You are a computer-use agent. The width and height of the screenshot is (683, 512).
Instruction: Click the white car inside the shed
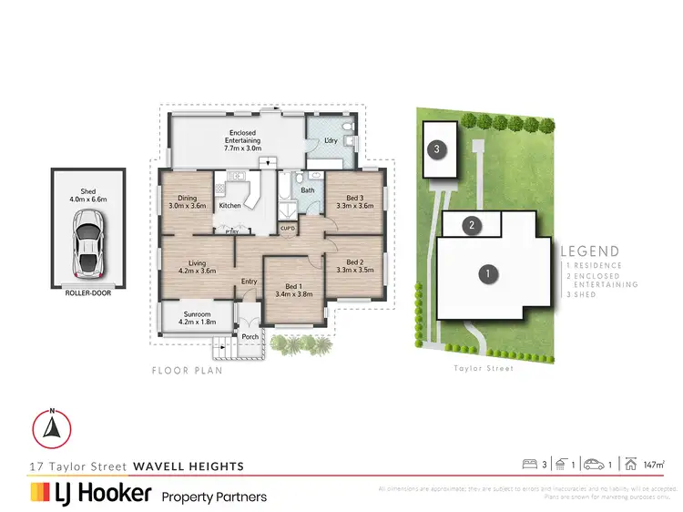[x=88, y=246]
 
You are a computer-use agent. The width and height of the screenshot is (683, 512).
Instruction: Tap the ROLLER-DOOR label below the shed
[x=89, y=294]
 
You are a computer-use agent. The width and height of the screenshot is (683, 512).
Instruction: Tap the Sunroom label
[x=198, y=316]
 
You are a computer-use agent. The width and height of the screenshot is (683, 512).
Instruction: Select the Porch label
[x=250, y=337]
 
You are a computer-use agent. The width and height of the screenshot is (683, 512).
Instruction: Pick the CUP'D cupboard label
[x=286, y=228]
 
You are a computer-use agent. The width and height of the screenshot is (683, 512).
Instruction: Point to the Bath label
[x=309, y=190]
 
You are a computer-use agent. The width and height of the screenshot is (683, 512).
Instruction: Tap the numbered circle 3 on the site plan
[x=438, y=148]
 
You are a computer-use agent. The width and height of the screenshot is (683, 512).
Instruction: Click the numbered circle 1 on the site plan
[x=488, y=272]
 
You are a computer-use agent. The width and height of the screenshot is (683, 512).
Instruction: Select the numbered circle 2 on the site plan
[x=471, y=225]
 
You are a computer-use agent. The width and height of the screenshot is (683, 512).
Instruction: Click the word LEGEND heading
[x=589, y=251]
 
